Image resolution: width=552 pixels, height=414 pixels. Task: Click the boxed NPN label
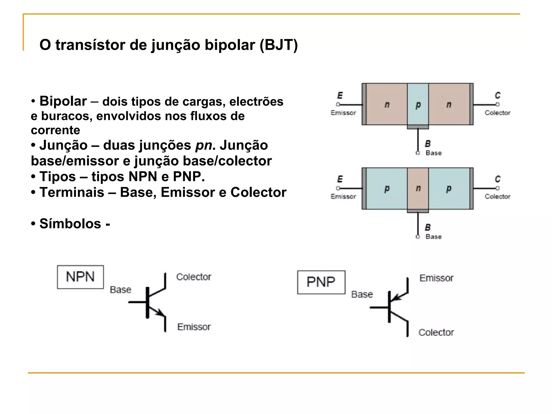[x=80, y=277]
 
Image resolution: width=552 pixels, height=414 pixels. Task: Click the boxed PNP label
[x=321, y=282]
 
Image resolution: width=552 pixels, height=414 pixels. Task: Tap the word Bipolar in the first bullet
[x=63, y=101]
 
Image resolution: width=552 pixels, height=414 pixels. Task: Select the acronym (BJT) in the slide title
[x=279, y=45]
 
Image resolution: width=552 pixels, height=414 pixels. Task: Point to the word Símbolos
[x=70, y=223]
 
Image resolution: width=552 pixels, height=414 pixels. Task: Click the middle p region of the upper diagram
[x=418, y=104]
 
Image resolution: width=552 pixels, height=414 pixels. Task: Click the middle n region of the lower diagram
[x=418, y=188]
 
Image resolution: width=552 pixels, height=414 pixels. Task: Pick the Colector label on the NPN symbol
[x=194, y=277]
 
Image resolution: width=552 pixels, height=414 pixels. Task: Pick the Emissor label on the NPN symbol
[x=194, y=327]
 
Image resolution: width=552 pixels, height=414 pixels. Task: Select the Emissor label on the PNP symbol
[x=436, y=278]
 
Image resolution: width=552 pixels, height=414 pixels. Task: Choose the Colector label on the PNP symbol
[x=436, y=332]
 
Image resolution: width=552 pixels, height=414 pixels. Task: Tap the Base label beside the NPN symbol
[x=120, y=290]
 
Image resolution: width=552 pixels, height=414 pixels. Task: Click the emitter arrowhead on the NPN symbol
[x=161, y=313]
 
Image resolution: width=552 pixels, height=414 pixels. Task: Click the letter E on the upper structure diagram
[x=340, y=95]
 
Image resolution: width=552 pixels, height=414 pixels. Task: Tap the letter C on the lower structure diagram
[x=498, y=179]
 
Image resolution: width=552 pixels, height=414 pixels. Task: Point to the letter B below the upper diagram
[x=428, y=144]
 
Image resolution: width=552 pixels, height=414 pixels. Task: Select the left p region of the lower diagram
[x=387, y=188]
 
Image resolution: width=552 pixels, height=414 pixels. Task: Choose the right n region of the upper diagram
[x=449, y=104]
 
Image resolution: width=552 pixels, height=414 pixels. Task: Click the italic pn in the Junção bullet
[x=203, y=146]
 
